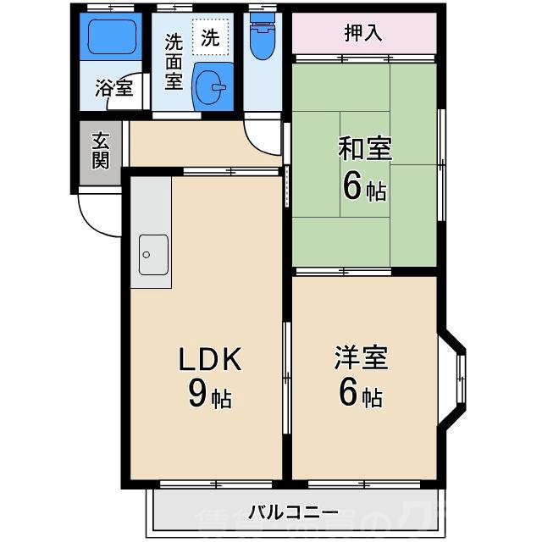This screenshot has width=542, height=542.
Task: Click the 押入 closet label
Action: pos(364,34)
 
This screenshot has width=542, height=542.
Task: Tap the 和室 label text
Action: pos(365,149)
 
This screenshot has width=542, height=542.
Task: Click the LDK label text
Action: pos(209,361)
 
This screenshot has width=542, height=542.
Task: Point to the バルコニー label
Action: pos(294,512)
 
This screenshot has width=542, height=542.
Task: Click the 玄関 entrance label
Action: pos(101,151)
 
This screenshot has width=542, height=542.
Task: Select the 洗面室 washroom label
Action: pos(174,61)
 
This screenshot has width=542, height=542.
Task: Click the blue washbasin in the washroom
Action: pos(211,87)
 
